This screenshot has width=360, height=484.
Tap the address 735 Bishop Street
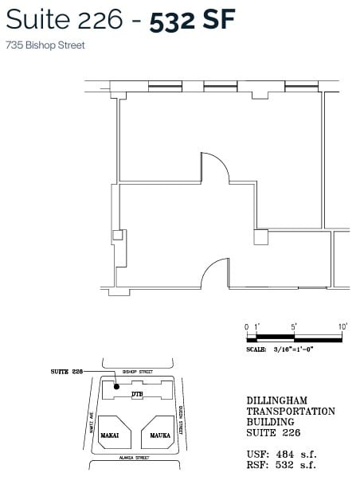45,45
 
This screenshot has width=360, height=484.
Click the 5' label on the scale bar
295,326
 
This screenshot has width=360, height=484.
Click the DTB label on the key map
136,394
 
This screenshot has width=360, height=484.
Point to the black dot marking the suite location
117,387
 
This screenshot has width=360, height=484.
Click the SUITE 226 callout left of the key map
67,372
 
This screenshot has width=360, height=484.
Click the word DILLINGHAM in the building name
276,400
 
